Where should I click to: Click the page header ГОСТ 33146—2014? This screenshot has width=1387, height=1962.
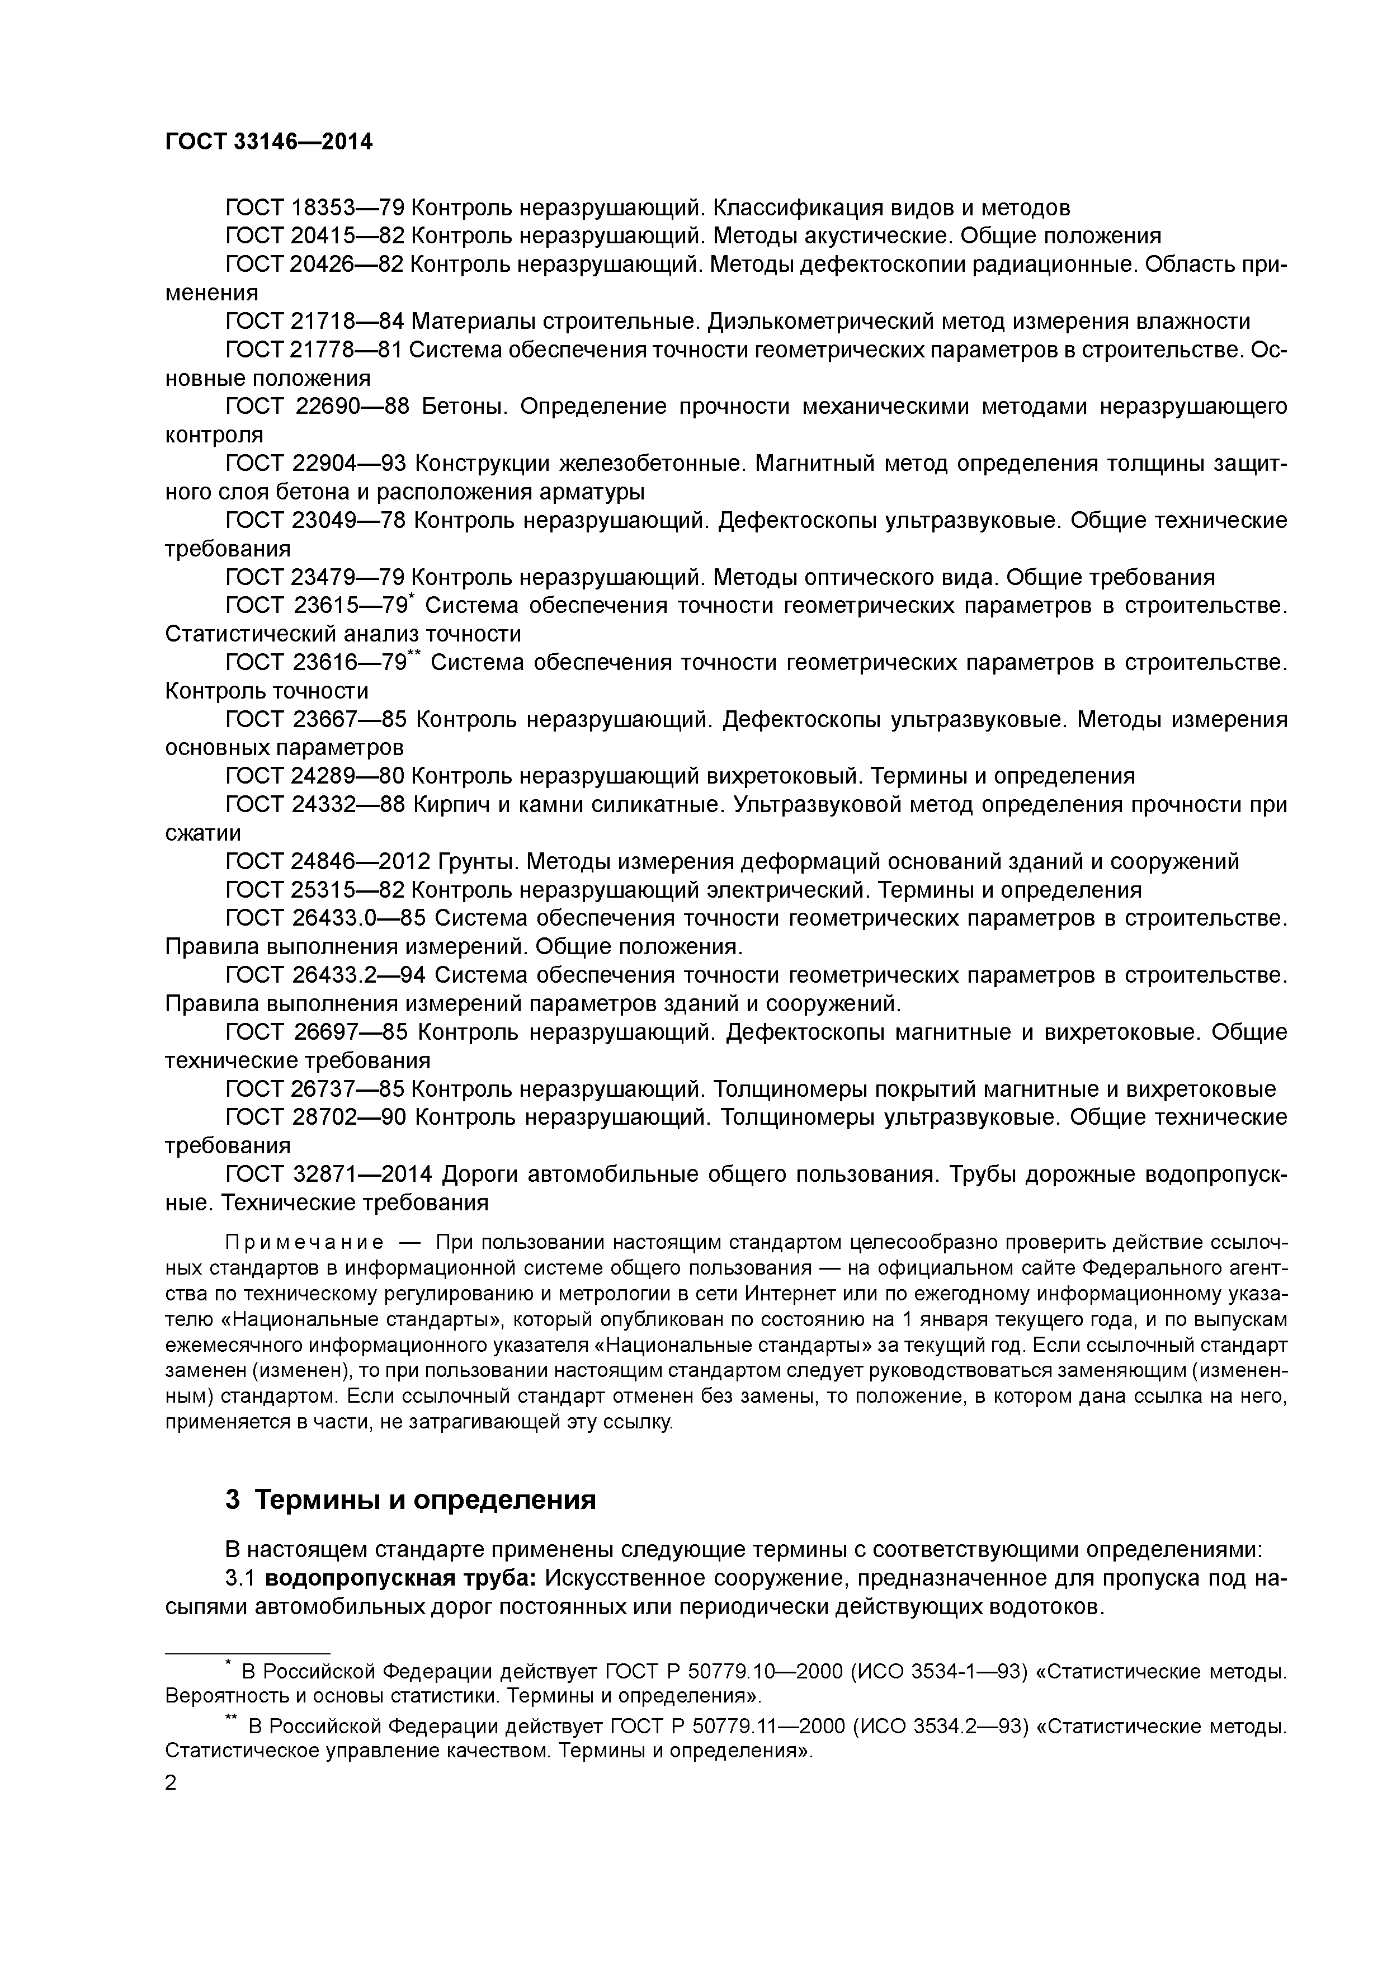tap(268, 142)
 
